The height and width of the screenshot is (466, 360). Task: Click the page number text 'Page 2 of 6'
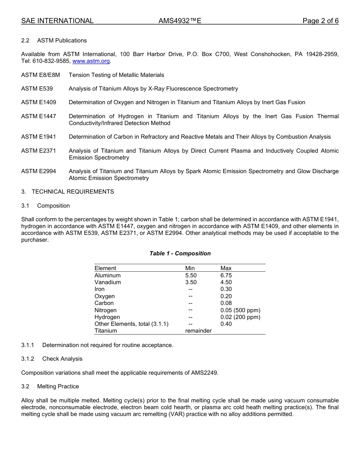pyautogui.click(x=320, y=21)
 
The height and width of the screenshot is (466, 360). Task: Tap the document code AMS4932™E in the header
pyautogui.click(x=180, y=21)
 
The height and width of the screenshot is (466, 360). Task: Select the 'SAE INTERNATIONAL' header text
pyautogui.click(x=57, y=21)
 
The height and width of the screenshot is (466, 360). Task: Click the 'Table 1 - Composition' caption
pyautogui.click(x=180, y=253)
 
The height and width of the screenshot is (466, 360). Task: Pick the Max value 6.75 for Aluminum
pyautogui.click(x=226, y=275)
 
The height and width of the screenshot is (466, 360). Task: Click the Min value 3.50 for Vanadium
pyautogui.click(x=191, y=282)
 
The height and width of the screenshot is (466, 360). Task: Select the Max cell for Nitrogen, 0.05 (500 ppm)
pyautogui.click(x=240, y=310)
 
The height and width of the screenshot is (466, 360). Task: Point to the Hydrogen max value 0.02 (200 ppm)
pyautogui.click(x=240, y=317)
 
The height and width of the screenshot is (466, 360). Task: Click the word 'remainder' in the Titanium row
pyautogui.click(x=198, y=331)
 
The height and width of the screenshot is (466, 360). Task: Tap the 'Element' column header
pyautogui.click(x=105, y=268)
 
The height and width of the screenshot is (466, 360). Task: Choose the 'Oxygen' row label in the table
pyautogui.click(x=105, y=296)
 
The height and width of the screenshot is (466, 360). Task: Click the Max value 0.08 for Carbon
pyautogui.click(x=226, y=303)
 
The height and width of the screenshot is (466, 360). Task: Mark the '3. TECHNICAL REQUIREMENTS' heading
pyautogui.click(x=67, y=192)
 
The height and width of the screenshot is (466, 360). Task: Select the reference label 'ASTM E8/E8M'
pyautogui.click(x=41, y=75)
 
